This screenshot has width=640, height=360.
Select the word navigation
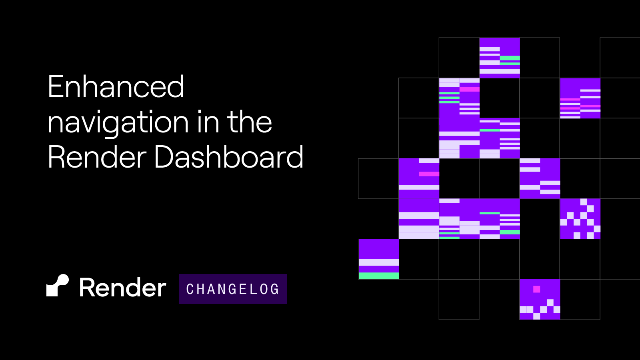[x=118, y=122]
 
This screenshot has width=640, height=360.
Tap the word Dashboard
[x=228, y=157]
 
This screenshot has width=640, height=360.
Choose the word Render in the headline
[x=97, y=157]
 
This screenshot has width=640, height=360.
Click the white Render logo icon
[x=58, y=285]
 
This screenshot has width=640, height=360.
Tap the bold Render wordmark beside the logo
[x=122, y=288]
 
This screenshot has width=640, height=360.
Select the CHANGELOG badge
[x=233, y=289]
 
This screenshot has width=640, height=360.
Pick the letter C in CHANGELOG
[x=190, y=289]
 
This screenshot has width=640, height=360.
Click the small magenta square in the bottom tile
[x=537, y=289]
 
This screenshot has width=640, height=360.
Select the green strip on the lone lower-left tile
[x=378, y=276]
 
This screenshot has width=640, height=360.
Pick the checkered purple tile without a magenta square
[x=580, y=219]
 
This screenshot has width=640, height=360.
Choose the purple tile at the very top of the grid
[x=500, y=58]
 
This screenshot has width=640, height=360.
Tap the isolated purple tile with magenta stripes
[x=580, y=98]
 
